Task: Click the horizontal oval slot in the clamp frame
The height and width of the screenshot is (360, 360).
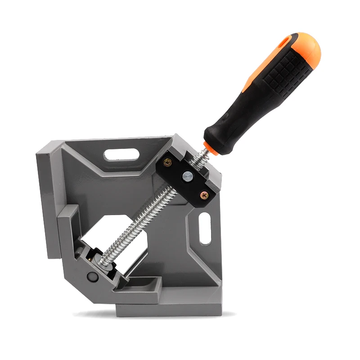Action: point(121,154)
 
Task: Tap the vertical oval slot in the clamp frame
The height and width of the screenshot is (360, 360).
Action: point(205,229)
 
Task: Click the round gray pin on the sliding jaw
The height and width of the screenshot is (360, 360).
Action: point(93,277)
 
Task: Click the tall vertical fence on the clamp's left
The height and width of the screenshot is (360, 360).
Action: point(46,202)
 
